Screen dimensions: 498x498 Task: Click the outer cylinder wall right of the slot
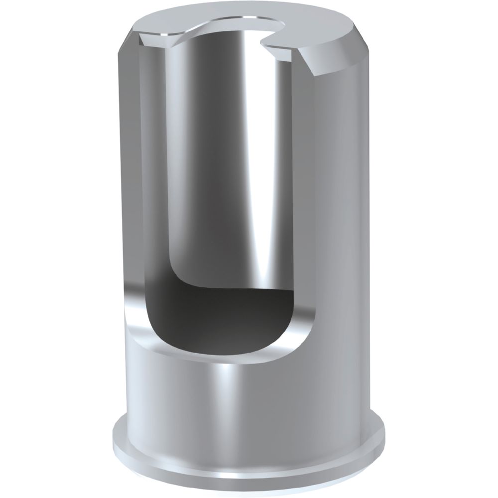pos(339,199)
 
